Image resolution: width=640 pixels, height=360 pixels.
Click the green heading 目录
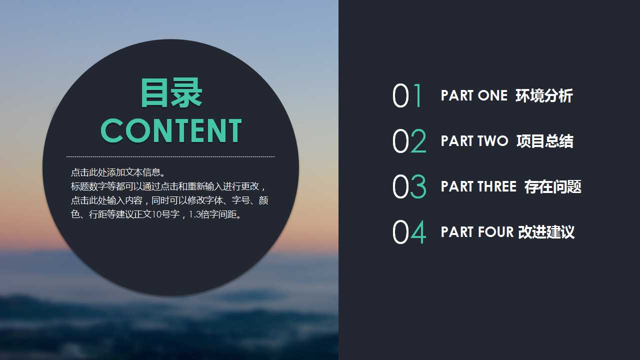coord(171,93)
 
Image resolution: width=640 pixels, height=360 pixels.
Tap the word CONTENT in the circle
coord(171,131)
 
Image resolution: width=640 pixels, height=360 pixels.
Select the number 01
coord(408,96)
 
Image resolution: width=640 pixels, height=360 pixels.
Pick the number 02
coord(409,141)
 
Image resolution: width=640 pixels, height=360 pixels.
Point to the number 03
coord(409,187)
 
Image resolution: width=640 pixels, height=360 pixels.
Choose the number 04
coord(409,232)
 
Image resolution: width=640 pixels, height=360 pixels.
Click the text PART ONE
coord(474,96)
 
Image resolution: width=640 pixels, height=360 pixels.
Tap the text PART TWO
coord(474,141)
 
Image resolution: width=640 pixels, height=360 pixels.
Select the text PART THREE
coord(478,187)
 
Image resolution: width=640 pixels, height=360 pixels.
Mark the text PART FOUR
coord(477,232)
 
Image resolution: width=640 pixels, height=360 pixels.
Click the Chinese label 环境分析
coord(544,96)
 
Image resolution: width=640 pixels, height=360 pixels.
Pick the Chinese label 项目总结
coord(544,141)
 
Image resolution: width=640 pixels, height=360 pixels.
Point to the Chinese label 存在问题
coord(552,187)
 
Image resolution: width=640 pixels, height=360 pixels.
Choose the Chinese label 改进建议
coord(546,232)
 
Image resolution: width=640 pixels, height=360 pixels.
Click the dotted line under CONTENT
coord(170,156)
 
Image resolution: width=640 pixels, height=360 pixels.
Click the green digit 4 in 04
coord(418,232)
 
